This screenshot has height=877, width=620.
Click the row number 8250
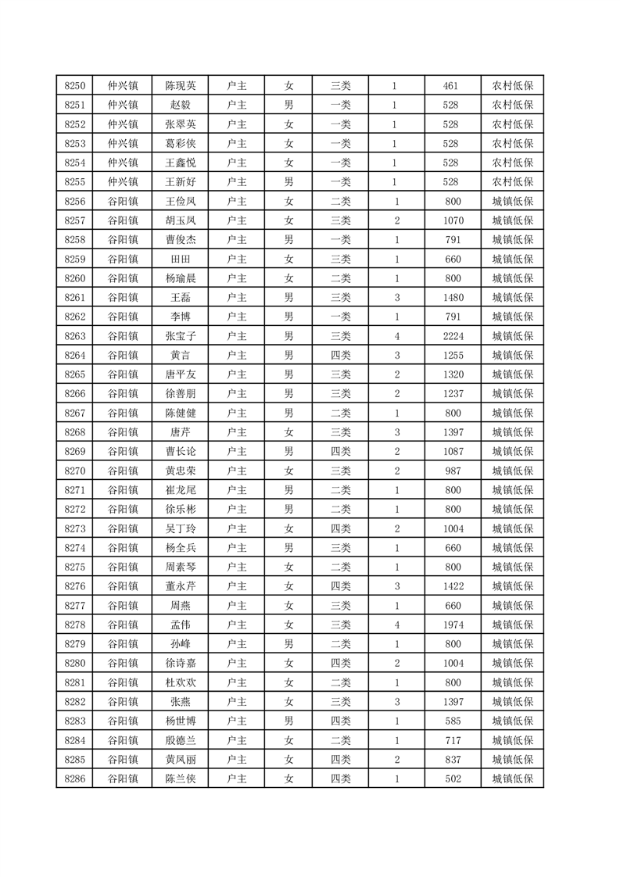point(75,86)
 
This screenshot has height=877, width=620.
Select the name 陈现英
point(180,86)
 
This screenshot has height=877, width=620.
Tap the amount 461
point(450,86)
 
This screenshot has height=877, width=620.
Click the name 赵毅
point(180,106)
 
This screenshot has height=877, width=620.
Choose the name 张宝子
point(180,336)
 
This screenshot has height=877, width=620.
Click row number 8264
point(75,356)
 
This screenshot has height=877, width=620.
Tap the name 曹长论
point(180,452)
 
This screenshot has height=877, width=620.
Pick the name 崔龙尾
point(180,490)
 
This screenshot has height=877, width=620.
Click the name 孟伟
point(180,625)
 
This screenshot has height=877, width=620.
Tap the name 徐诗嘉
point(180,663)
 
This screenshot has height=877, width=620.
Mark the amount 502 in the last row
point(450,779)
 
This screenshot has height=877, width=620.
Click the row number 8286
point(75,779)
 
